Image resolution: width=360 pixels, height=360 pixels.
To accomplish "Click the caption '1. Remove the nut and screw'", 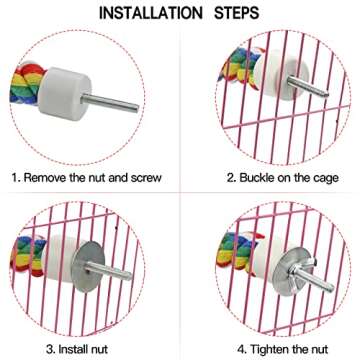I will coord(87,177).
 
